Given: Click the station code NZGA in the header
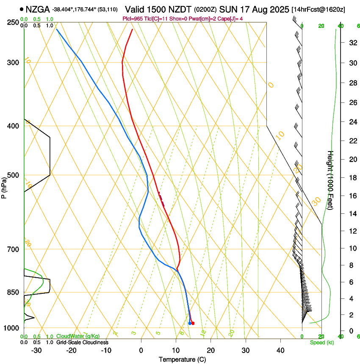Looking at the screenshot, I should click(38, 9).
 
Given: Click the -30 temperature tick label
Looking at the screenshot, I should click(36, 350).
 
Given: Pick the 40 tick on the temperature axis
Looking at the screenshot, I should click(280, 350).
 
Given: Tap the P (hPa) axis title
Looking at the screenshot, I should click(4, 187).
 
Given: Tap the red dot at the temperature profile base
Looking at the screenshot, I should click(193, 323).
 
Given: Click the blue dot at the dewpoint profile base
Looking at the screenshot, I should click(190, 323).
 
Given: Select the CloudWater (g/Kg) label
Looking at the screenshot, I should click(78, 336).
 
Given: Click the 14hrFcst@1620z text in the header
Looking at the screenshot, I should click(318, 9).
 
